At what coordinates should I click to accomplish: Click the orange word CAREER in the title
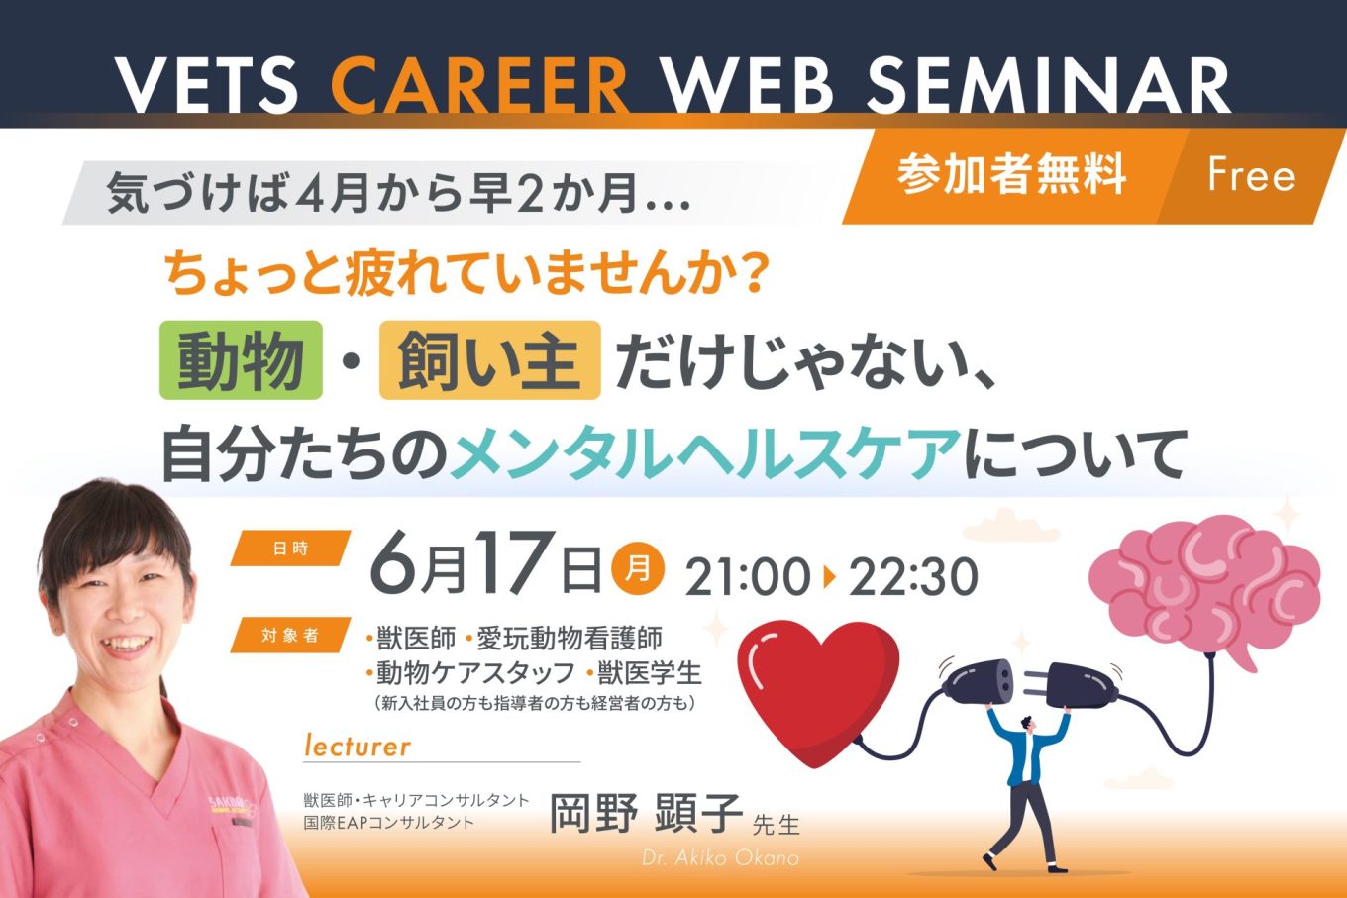point(479,86)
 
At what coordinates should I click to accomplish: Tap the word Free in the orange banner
point(1251,175)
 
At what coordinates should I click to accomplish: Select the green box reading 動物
point(241,360)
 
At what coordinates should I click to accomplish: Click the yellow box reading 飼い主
point(490,360)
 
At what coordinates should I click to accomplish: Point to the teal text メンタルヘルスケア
point(706,452)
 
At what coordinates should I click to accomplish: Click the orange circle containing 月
point(638,568)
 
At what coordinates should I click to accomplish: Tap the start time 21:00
point(748,576)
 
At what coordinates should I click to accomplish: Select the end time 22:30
point(913,576)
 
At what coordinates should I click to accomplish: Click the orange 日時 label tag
point(290,549)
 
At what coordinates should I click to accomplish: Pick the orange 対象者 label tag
point(290,636)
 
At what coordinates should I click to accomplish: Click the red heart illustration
point(818,691)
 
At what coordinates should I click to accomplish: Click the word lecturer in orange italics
point(358,746)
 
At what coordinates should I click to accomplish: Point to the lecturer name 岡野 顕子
point(646,813)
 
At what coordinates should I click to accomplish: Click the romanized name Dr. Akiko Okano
point(720,857)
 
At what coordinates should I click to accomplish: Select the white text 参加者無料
point(1011,173)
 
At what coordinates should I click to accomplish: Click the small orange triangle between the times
point(830,577)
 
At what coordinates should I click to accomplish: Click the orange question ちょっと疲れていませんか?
point(467,274)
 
